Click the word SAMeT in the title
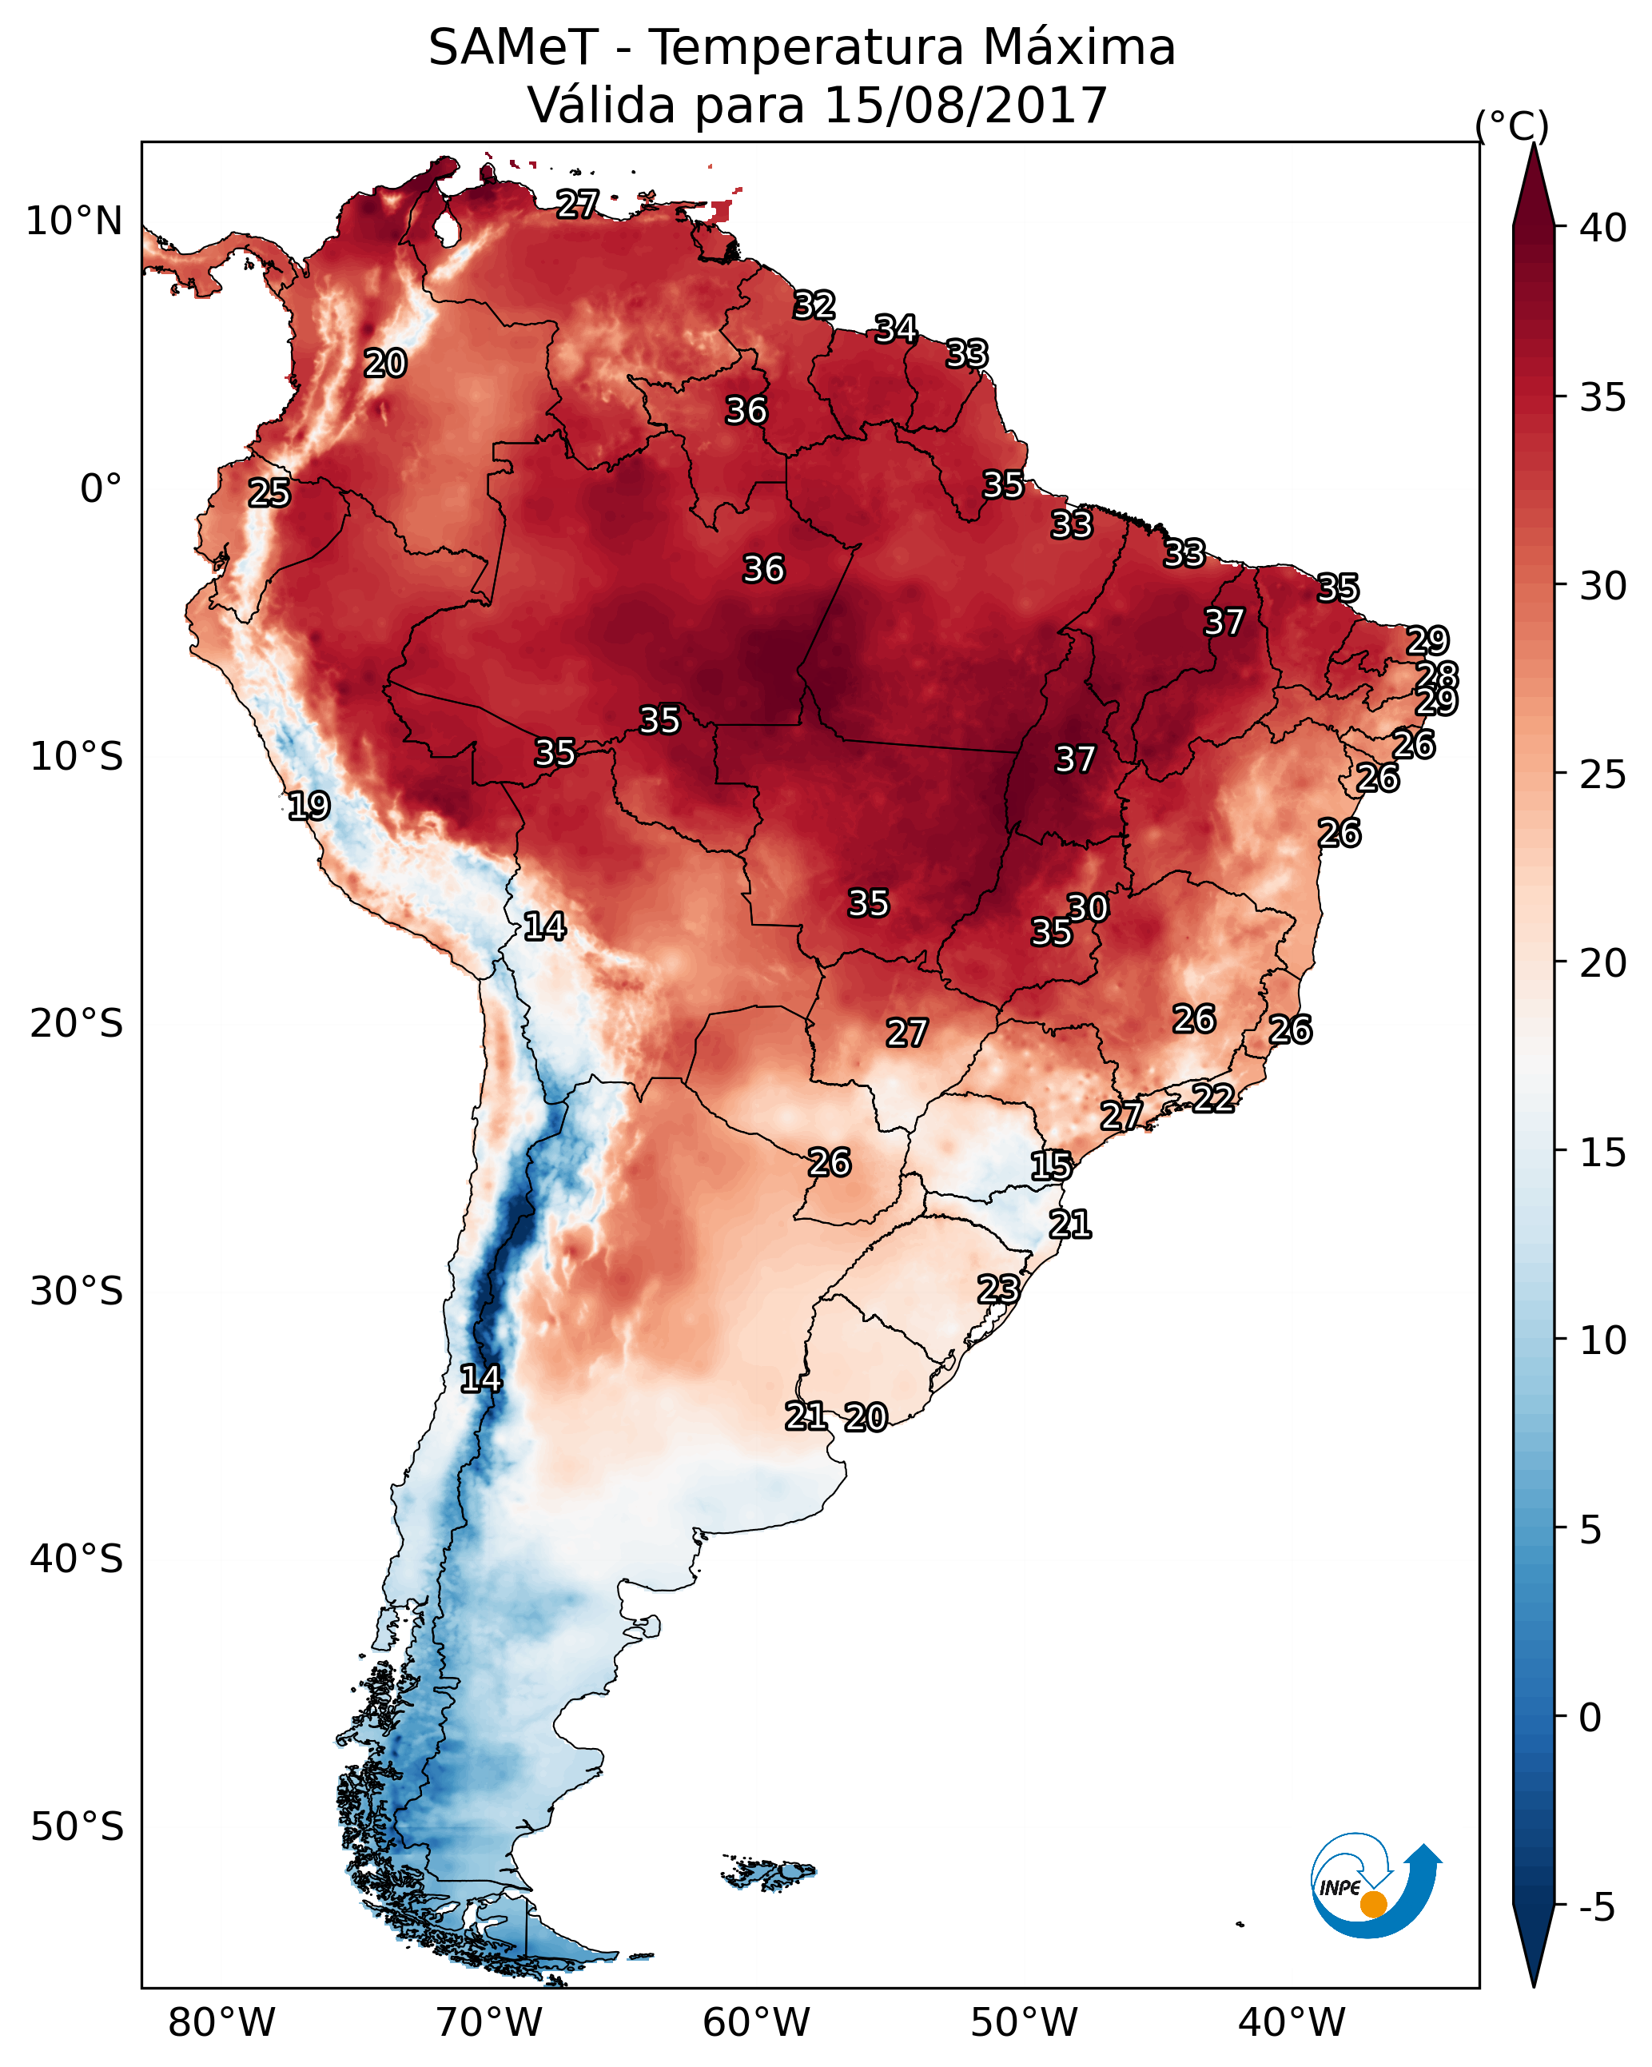(x=512, y=48)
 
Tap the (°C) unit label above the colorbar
(x=1511, y=125)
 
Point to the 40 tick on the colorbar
(x=1603, y=228)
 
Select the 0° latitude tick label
(x=102, y=489)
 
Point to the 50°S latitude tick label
(x=77, y=1826)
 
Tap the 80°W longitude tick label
(x=221, y=2022)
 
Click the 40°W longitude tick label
(x=1292, y=2022)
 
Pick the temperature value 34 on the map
(x=895, y=329)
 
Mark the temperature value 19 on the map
(x=309, y=806)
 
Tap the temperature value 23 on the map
(x=998, y=1288)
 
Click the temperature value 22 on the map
(x=1213, y=1097)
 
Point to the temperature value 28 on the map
(x=1437, y=675)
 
